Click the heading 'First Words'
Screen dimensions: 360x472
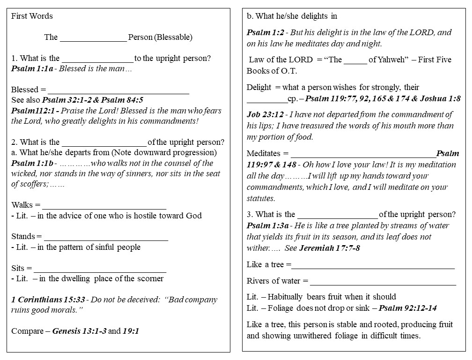pos(32,16)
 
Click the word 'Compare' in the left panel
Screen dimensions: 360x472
pos(27,331)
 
